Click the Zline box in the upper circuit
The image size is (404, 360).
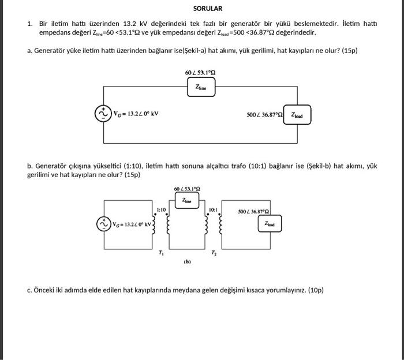[201, 87]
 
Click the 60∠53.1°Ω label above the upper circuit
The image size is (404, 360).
[201, 73]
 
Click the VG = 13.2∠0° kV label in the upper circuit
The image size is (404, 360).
[136, 114]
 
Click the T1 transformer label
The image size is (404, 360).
[161, 253]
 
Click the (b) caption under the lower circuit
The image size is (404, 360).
[187, 261]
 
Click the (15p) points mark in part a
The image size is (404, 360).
[349, 51]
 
